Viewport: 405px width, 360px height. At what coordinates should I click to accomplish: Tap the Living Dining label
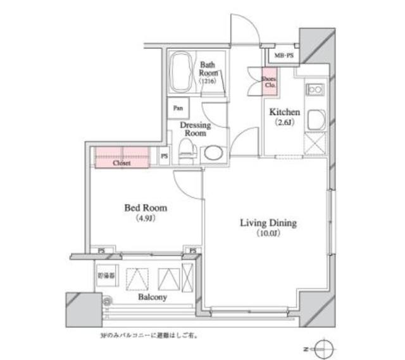268,223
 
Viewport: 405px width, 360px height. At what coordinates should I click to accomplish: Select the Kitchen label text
284,112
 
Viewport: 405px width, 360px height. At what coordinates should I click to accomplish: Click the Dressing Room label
194,130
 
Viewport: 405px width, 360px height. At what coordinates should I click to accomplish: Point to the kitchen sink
316,119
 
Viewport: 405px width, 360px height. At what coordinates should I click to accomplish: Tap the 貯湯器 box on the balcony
106,276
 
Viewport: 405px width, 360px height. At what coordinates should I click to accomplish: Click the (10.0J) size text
268,233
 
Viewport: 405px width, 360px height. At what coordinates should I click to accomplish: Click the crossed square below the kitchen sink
315,144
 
